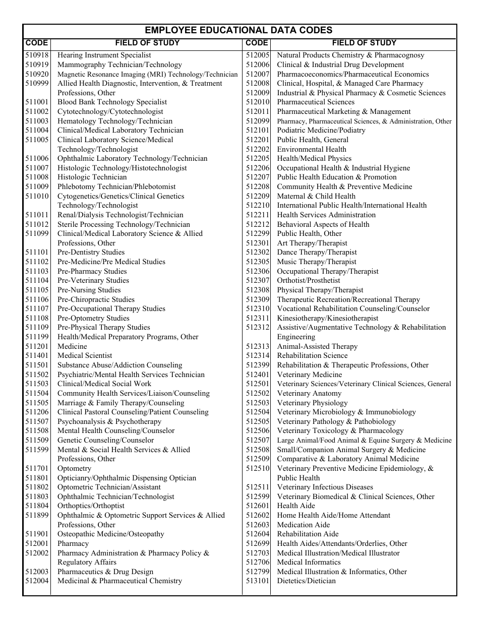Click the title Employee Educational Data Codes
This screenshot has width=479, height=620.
(x=239, y=30)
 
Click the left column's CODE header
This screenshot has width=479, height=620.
(x=37, y=43)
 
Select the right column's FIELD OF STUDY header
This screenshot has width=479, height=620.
(x=364, y=43)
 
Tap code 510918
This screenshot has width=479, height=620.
(x=37, y=55)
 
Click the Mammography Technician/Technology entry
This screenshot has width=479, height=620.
(x=119, y=65)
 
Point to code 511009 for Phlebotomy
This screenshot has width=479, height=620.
(x=37, y=187)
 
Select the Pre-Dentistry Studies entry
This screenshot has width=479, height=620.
(x=91, y=253)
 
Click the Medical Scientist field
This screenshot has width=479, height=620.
(x=85, y=356)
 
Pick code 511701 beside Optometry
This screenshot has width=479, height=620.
(x=37, y=469)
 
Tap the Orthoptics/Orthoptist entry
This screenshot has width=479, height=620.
(x=91, y=506)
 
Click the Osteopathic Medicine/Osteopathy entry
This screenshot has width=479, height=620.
(x=110, y=534)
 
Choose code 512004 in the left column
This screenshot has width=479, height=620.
(x=37, y=581)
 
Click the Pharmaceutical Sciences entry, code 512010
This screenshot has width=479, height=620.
(x=316, y=102)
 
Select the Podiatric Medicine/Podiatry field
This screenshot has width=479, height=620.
(x=321, y=131)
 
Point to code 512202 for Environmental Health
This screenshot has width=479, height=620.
(x=258, y=149)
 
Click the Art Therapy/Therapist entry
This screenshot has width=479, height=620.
(x=312, y=243)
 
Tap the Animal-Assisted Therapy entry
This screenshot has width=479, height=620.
(x=317, y=347)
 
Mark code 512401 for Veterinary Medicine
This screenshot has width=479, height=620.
(x=258, y=375)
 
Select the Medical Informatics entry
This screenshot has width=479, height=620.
(x=309, y=563)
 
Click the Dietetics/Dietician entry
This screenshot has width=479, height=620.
(x=306, y=581)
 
